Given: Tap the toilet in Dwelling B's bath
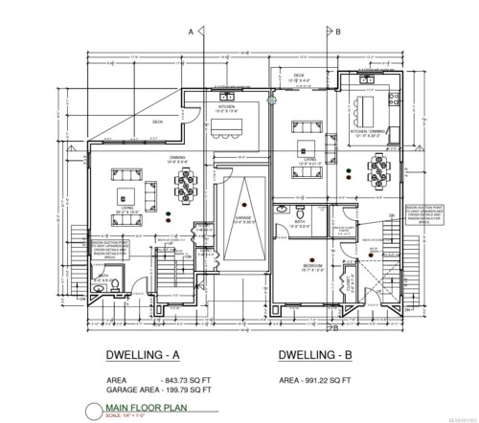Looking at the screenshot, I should (301, 211).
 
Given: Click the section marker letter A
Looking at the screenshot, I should (193, 32).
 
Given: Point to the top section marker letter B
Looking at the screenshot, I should (338, 32).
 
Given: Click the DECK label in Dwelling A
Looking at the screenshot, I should (158, 122).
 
